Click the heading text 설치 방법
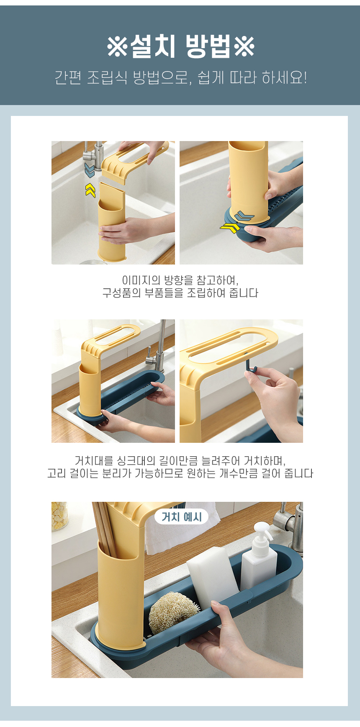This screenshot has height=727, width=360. pyautogui.click(x=180, y=46)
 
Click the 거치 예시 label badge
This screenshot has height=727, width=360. pyautogui.click(x=181, y=517)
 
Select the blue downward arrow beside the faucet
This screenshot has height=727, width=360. pyautogui.click(x=90, y=170)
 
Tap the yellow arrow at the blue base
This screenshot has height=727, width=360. pyautogui.click(x=230, y=228)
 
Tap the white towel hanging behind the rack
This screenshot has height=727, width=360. pyautogui.click(x=180, y=529)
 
